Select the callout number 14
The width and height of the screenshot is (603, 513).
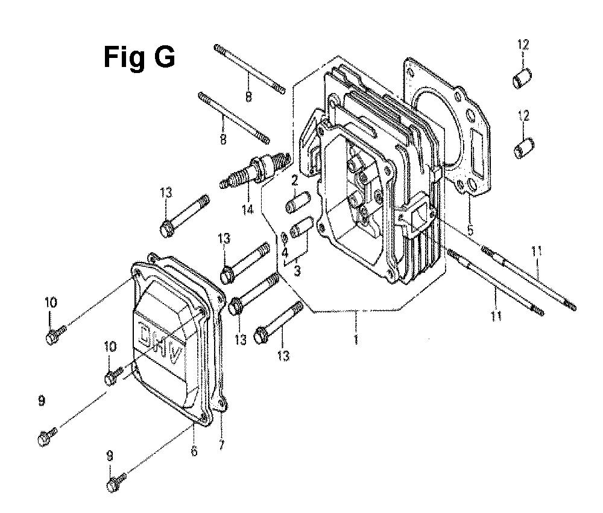pos(248,209)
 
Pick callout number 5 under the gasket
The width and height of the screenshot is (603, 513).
pos(470,231)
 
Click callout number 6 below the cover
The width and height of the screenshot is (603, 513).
pos(194,450)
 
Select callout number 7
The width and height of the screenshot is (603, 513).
pos(221,445)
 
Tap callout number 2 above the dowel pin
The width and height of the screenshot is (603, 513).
pos(294,180)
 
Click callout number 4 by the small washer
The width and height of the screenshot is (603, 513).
pos(285,253)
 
